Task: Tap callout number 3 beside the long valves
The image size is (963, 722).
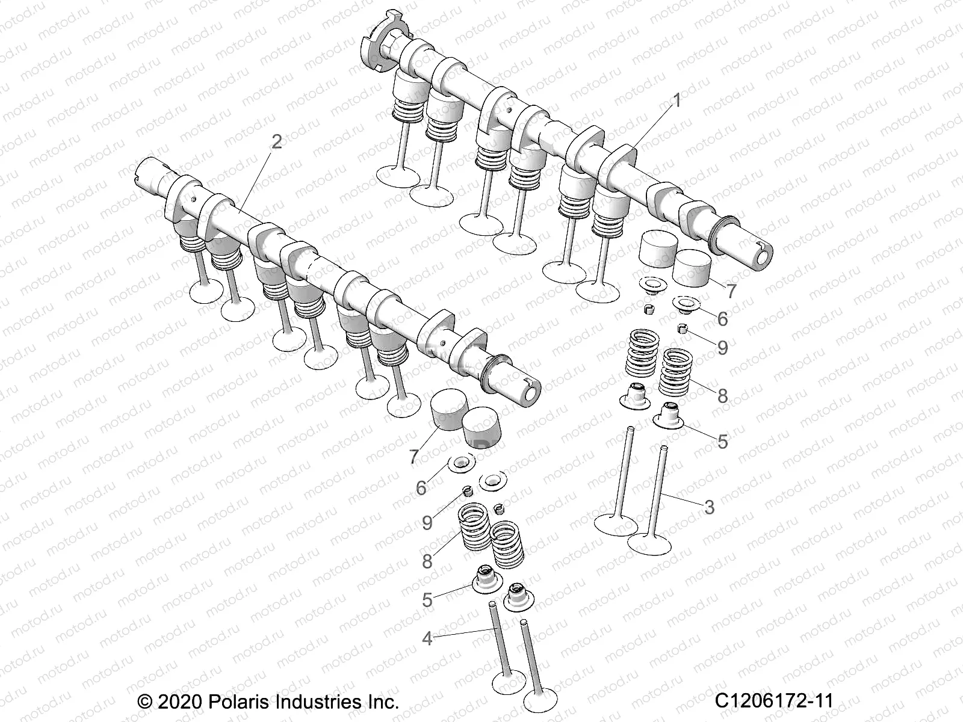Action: coord(709,507)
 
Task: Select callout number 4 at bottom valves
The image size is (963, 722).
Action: coord(427,638)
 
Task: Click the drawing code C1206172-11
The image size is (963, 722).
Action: coord(774,701)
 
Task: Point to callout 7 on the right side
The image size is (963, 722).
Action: coord(731,292)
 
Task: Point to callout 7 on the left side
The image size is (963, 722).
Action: coord(413,457)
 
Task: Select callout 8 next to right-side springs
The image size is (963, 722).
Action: coord(722,396)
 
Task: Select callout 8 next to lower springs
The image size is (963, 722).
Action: coord(427,561)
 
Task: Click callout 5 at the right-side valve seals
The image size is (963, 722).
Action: coord(722,442)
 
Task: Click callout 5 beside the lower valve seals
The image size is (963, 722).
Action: coord(427,600)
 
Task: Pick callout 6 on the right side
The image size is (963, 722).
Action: coord(722,319)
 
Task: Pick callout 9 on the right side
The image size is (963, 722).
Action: coord(722,347)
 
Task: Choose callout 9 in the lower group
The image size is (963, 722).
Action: coord(427,522)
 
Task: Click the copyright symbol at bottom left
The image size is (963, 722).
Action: coord(144,702)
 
